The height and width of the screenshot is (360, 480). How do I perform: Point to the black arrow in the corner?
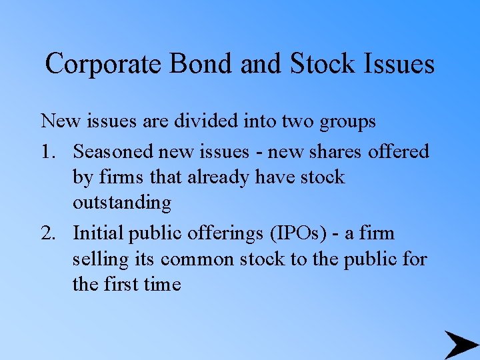[461, 345]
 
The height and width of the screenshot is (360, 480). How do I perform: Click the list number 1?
[48, 152]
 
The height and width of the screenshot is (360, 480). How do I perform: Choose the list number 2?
[48, 233]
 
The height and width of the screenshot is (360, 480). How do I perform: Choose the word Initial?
[97, 233]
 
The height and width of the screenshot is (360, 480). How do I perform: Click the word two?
[299, 122]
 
